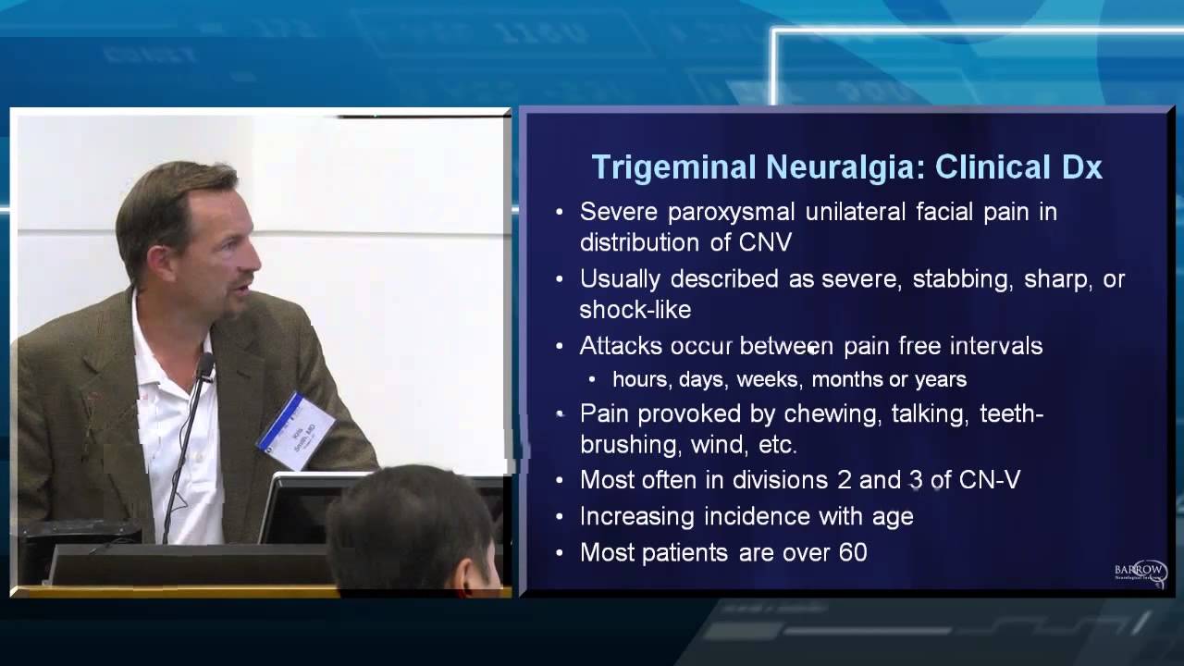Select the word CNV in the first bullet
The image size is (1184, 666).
tap(765, 242)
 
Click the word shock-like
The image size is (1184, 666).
tap(635, 309)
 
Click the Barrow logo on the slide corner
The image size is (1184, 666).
tap(1141, 571)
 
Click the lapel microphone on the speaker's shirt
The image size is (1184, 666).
tap(205, 367)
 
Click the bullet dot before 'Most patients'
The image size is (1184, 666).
tap(559, 553)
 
